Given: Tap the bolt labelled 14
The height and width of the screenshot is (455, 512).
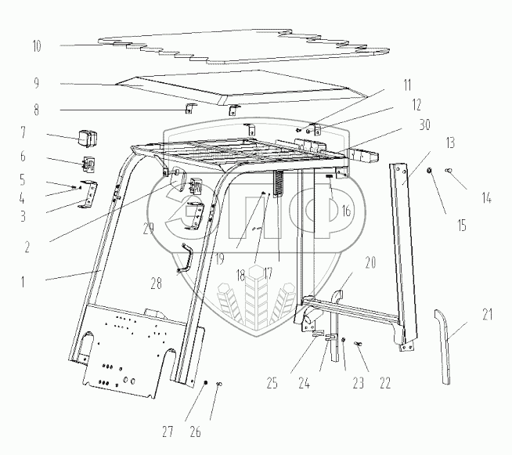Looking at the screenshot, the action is click(449, 170).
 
